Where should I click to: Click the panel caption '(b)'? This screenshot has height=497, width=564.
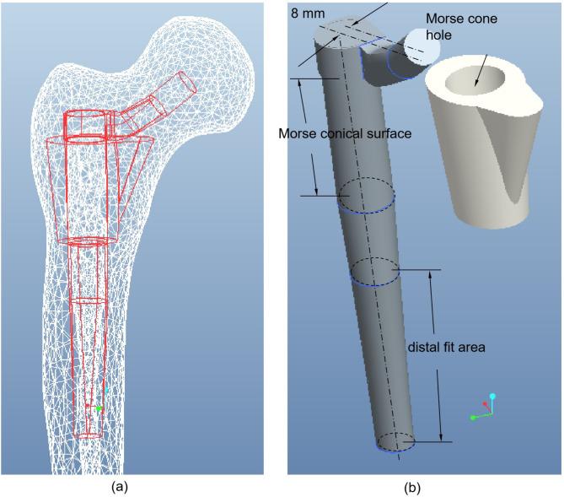[x=420, y=486]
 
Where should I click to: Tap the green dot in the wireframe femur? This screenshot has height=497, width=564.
[x=99, y=408]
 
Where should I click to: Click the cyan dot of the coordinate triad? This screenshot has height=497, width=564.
[x=493, y=396]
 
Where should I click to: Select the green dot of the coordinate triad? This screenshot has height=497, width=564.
[x=473, y=416]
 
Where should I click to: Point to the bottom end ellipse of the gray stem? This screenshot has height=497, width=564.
[x=395, y=442]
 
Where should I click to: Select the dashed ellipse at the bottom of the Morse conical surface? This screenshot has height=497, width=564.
[x=365, y=196]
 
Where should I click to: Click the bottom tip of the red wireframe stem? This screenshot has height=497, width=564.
[x=88, y=435]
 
